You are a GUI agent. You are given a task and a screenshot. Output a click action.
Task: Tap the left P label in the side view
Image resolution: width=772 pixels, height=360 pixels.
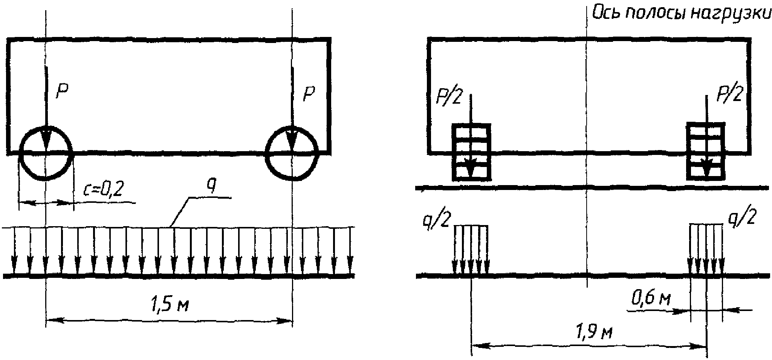click(63, 92)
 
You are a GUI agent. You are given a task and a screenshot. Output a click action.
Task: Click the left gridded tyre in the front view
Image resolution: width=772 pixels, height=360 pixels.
click(471, 152)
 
